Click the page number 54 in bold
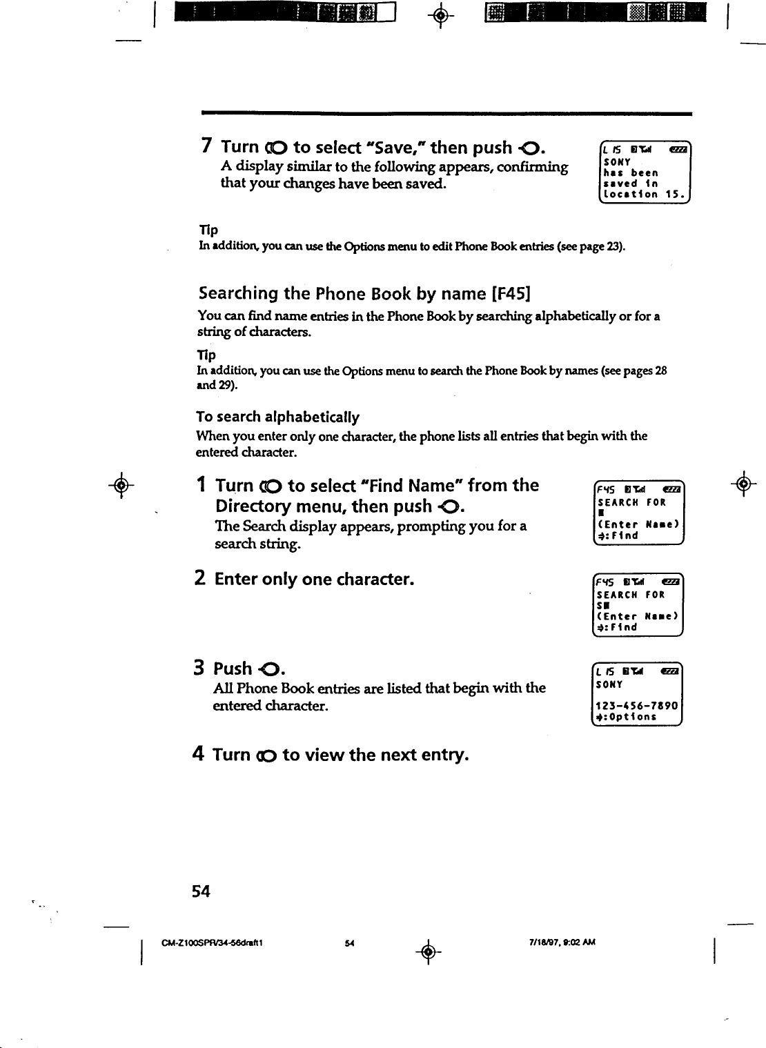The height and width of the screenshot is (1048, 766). [201, 891]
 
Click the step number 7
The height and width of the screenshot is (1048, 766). [206, 146]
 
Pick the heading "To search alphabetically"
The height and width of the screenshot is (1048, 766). [278, 417]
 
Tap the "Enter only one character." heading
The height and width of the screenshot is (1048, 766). [314, 578]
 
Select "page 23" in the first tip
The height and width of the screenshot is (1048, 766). [606, 246]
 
